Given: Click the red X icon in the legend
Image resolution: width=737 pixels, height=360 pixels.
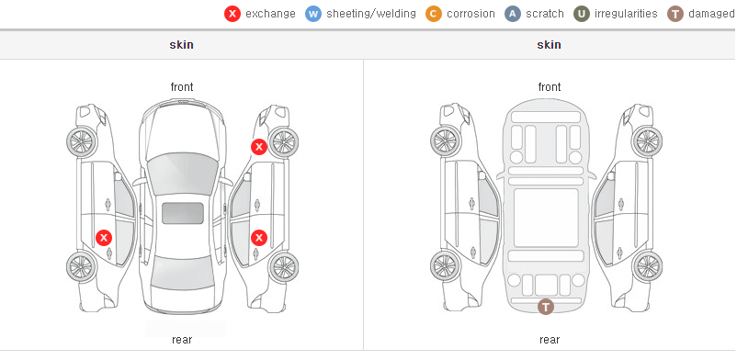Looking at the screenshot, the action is click(232, 14).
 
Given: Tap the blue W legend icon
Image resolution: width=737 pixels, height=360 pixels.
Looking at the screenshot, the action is click(313, 14).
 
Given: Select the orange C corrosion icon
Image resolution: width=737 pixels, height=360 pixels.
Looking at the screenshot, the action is click(434, 14).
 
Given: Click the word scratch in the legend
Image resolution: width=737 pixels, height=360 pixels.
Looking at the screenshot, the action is click(545, 14).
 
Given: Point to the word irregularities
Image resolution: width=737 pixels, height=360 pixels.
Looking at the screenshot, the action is click(626, 14).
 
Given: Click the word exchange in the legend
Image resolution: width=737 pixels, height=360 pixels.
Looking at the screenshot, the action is click(270, 14).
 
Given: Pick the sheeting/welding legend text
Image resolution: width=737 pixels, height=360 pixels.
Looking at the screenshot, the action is click(371, 14).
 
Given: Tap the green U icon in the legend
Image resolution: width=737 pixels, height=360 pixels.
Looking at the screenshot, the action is click(582, 14).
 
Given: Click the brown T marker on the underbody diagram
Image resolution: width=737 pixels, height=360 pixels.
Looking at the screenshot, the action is click(545, 307).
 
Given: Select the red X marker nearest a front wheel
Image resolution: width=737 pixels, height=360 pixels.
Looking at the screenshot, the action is click(258, 147).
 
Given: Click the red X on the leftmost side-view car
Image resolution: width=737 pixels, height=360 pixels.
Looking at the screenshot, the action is click(104, 238).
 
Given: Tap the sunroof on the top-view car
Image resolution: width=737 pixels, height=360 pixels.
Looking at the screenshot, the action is click(183, 213).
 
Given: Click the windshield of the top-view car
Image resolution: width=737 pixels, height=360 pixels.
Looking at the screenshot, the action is click(183, 174).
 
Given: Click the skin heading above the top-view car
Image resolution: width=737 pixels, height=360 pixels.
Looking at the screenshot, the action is click(181, 45).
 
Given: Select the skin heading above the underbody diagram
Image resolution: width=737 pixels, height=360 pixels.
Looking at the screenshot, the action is click(549, 45).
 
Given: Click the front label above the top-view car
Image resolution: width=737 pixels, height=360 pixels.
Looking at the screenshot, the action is click(182, 87).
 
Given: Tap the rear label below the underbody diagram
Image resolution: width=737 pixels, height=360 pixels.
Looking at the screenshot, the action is click(550, 340).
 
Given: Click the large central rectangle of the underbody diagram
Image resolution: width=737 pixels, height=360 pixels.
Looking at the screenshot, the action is click(546, 218).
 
